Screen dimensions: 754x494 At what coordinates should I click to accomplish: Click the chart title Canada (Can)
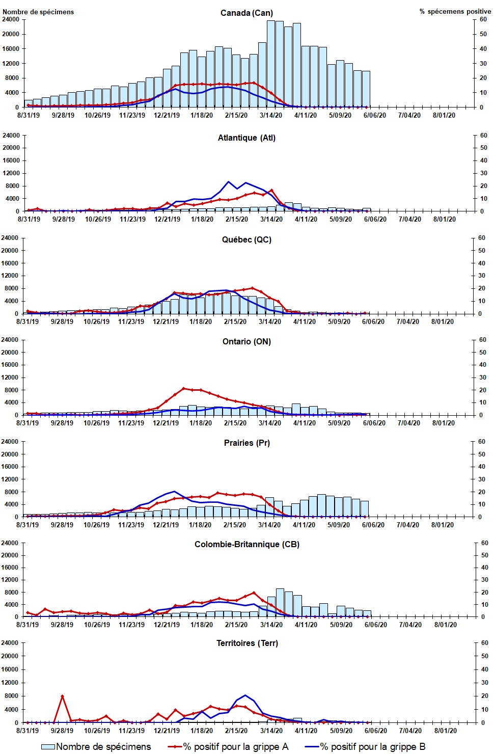tap(246, 13)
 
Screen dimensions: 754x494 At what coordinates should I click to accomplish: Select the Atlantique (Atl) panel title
tap(246, 138)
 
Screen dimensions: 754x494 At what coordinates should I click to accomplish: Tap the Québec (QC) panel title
tap(246, 239)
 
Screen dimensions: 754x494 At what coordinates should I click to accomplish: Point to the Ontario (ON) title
tap(246, 341)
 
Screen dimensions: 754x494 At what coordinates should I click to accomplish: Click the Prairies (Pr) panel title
tap(246, 443)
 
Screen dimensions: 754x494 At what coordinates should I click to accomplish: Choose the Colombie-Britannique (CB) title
tap(246, 544)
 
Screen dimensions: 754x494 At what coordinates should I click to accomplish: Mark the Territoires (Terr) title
tap(247, 643)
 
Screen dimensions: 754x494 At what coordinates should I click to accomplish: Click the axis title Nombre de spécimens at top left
tap(38, 12)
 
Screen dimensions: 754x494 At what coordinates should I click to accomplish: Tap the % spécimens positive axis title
tap(455, 11)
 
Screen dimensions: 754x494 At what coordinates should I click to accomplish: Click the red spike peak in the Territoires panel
tap(62, 696)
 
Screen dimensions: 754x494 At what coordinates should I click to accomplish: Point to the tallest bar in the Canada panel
tap(271, 64)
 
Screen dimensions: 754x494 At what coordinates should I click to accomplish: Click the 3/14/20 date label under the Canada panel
tap(271, 115)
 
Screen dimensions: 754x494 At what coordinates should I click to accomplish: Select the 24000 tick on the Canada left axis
tap(11, 19)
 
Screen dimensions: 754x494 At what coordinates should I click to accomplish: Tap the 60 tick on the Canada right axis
tap(483, 19)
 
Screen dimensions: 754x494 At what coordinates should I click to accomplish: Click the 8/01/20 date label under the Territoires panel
tap(445, 731)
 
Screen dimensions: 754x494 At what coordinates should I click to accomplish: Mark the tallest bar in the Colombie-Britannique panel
tap(280, 603)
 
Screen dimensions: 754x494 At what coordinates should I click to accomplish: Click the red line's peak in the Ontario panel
tap(184, 388)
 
